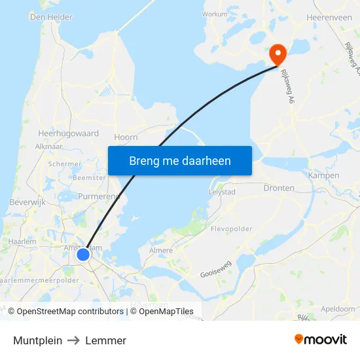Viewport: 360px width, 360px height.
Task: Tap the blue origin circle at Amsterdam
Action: point(83,254)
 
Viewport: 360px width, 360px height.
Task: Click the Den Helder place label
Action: point(51,17)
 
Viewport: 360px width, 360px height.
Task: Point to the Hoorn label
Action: point(126,137)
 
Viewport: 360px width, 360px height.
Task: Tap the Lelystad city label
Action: point(221,192)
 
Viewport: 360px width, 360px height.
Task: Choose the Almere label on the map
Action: point(161,251)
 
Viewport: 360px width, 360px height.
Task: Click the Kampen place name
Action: point(323,175)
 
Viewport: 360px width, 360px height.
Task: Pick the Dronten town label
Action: point(279,188)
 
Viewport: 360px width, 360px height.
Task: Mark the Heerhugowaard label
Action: point(68,134)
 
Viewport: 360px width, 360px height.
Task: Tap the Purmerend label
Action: point(98,196)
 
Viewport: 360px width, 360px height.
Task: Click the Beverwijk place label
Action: point(26,203)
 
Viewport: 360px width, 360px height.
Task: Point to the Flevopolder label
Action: point(231,230)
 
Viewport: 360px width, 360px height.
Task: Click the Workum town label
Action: point(215,14)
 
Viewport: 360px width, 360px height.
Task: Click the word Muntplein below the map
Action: point(37,340)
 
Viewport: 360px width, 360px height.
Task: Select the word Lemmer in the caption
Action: point(105,340)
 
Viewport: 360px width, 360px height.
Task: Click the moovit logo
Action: point(320,339)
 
